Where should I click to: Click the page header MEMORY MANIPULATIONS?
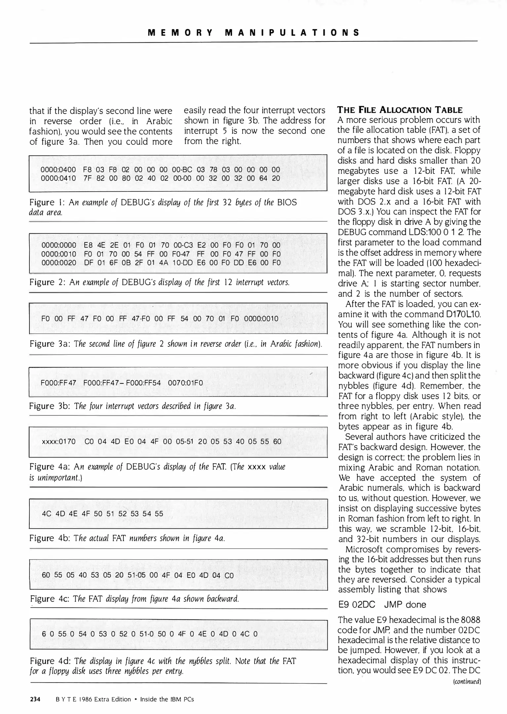(x=253, y=33)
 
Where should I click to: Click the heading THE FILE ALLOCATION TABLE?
(x=400, y=110)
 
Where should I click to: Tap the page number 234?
(x=35, y=699)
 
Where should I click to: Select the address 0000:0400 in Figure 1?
(x=58, y=170)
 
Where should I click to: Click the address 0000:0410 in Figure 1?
(x=58, y=178)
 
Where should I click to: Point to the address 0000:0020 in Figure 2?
(x=59, y=263)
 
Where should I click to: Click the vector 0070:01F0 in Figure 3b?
(x=185, y=383)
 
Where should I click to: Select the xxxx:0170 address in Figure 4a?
(x=59, y=442)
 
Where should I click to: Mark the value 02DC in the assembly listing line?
(x=364, y=605)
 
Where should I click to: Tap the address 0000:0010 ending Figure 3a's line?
(x=261, y=319)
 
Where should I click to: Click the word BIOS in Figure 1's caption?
(x=287, y=202)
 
